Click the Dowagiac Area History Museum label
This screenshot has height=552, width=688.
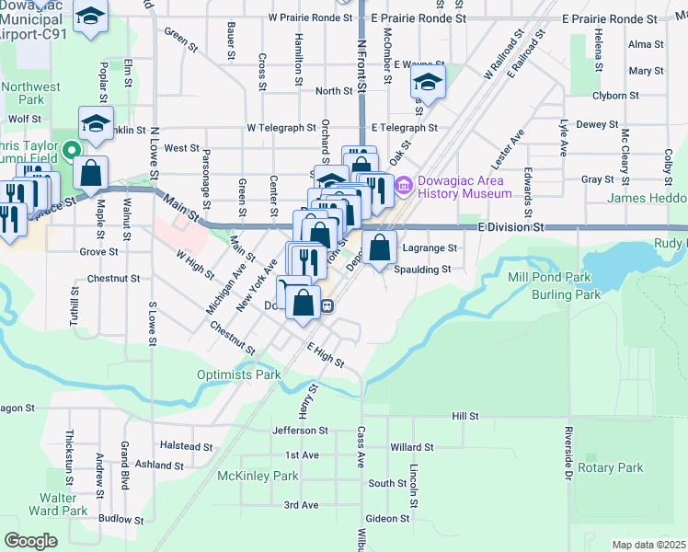point(464,187)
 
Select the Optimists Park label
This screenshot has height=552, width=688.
point(238,374)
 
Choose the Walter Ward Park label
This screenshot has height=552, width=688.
point(58,503)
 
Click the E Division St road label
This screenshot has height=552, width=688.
point(511,226)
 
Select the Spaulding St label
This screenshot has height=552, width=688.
point(421,270)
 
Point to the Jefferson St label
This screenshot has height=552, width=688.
point(300,430)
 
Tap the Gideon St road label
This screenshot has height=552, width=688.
point(392,519)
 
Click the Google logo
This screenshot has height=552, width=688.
point(30,541)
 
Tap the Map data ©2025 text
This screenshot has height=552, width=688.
point(648,545)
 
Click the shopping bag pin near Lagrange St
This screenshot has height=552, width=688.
point(379,247)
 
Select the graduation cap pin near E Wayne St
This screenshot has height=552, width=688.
point(428,82)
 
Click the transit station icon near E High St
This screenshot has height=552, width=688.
point(327,307)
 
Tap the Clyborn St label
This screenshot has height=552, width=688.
point(616,95)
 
